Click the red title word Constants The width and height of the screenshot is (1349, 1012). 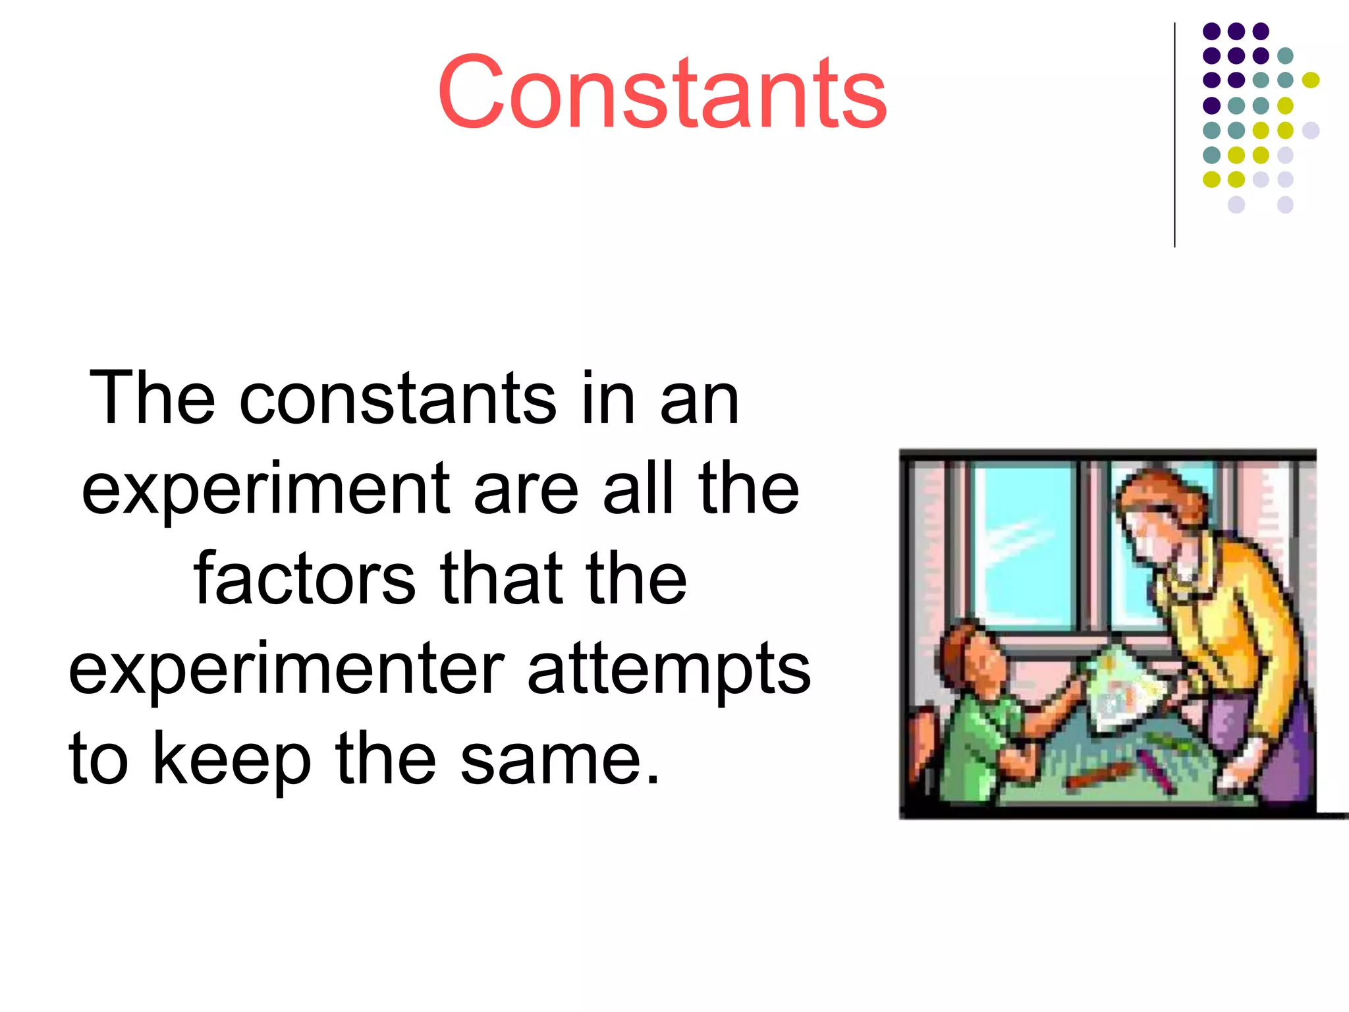tap(662, 92)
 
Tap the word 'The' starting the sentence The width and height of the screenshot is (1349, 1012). tap(152, 398)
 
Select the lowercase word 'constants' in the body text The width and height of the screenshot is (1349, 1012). tap(398, 399)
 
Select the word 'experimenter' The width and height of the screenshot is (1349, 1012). tap(286, 669)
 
